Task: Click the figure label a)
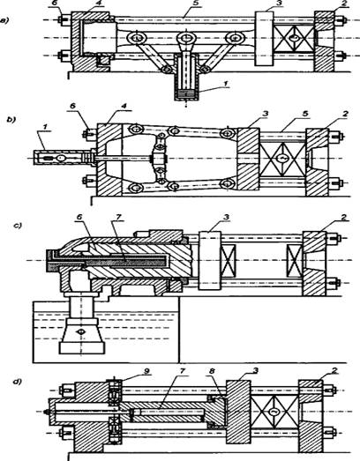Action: pyautogui.click(x=4, y=20)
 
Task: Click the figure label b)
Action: pyautogui.click(x=11, y=120)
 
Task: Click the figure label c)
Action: pyautogui.click(x=18, y=226)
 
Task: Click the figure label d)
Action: pyautogui.click(x=18, y=383)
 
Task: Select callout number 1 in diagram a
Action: pyautogui.click(x=225, y=84)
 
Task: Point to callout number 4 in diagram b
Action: pyautogui.click(x=124, y=105)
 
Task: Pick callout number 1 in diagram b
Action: pyautogui.click(x=45, y=126)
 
